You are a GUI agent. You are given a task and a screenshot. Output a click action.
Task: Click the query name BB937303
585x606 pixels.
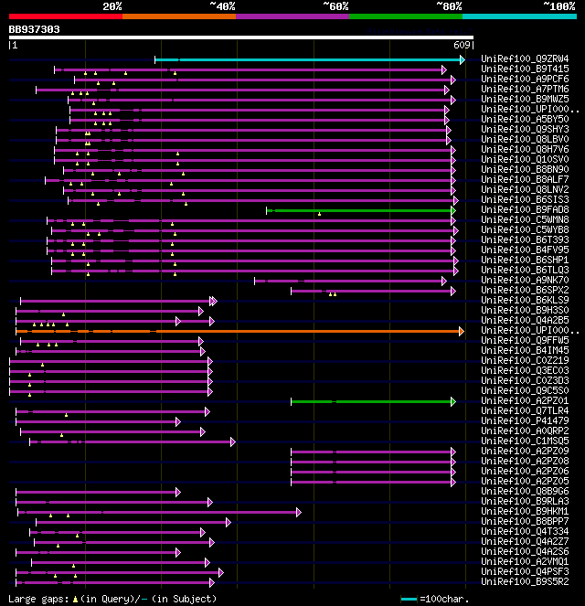tap(35, 29)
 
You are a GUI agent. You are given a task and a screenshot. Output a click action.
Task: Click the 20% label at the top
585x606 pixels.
tap(112, 5)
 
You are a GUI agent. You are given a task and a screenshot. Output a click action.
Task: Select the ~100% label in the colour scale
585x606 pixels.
tap(558, 5)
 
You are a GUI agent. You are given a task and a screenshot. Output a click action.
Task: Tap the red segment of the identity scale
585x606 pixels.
tap(65, 16)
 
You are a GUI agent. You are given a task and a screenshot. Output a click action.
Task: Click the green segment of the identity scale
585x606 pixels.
tap(405, 16)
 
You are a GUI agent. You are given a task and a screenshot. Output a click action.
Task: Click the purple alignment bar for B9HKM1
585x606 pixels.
tap(155, 512)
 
